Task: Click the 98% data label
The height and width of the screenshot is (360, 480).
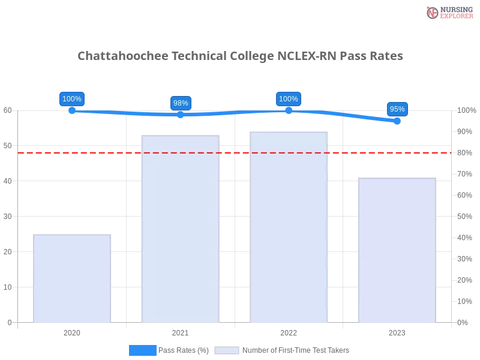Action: (181, 103)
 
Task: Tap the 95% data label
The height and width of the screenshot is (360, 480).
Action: (397, 109)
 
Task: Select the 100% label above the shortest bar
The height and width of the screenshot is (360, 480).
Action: (72, 99)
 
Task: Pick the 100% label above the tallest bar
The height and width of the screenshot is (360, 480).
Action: (289, 99)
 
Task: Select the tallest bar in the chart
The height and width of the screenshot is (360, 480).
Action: (290, 228)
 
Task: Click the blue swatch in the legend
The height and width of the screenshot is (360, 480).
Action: (143, 350)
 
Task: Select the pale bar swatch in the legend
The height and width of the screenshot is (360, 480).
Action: (226, 350)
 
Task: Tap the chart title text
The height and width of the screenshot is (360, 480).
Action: (240, 56)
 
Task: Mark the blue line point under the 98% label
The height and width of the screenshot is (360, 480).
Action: (180, 115)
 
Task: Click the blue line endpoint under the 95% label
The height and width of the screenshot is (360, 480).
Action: (398, 121)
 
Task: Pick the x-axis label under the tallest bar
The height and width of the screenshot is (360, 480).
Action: (289, 332)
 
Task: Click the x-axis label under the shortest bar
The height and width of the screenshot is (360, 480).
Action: (72, 332)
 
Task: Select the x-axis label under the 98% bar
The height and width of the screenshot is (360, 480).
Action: (180, 332)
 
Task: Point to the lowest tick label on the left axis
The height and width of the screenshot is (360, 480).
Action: (8, 322)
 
